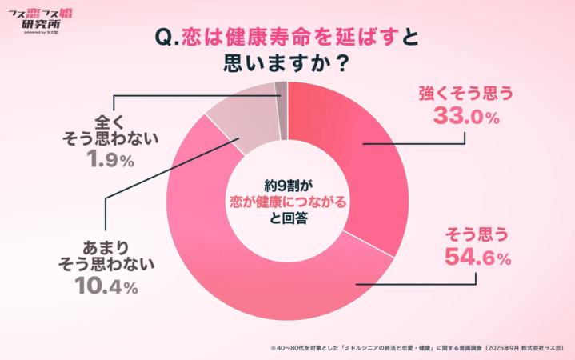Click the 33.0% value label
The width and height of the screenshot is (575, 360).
pyautogui.click(x=466, y=118)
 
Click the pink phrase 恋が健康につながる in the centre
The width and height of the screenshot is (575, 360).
pyautogui.click(x=289, y=202)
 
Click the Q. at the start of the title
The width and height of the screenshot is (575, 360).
pyautogui.click(x=170, y=37)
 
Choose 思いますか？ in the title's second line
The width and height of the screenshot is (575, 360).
pyautogui.click(x=287, y=63)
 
